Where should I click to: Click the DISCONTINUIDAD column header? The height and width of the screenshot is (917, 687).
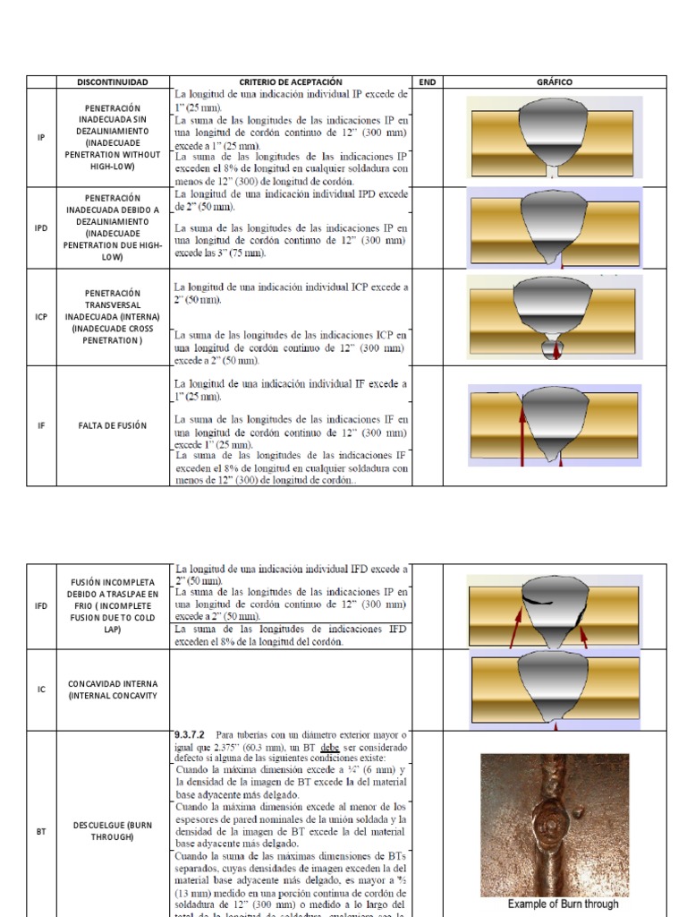coord(112,82)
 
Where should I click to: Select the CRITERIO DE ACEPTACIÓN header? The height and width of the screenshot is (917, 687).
coord(291,82)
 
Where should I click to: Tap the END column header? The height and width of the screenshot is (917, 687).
coord(427,82)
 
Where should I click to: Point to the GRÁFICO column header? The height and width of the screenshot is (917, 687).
coord(554,82)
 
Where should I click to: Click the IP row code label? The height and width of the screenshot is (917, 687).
coord(41,137)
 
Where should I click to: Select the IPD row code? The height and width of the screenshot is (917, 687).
coord(41,227)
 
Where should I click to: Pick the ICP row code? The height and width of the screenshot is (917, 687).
coord(41,317)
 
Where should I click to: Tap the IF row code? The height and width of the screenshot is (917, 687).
coord(41,425)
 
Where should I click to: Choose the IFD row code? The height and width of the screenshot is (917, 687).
coord(41,606)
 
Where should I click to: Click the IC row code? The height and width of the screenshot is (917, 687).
coord(41,690)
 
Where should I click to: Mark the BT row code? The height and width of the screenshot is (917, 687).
coord(41,831)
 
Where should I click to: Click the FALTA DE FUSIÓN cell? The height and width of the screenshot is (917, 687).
coord(112,425)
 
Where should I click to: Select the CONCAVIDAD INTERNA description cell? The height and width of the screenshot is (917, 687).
coord(112,690)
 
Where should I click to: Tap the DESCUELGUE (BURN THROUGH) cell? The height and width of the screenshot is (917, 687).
coord(112,831)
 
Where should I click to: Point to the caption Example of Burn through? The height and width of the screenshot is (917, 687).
coord(564,904)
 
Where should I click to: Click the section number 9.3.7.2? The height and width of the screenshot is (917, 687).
coord(193,736)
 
